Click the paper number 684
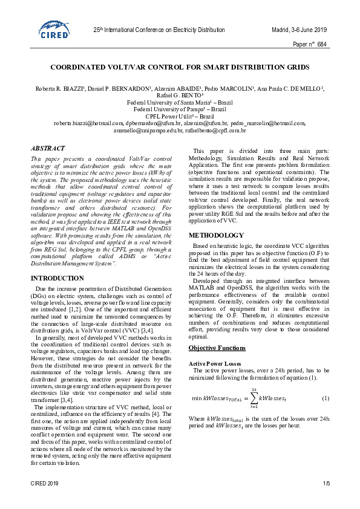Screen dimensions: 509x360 [x=322, y=45]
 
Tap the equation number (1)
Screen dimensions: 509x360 [x=326, y=398]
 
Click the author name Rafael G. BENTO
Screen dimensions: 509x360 [x=179, y=95]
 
